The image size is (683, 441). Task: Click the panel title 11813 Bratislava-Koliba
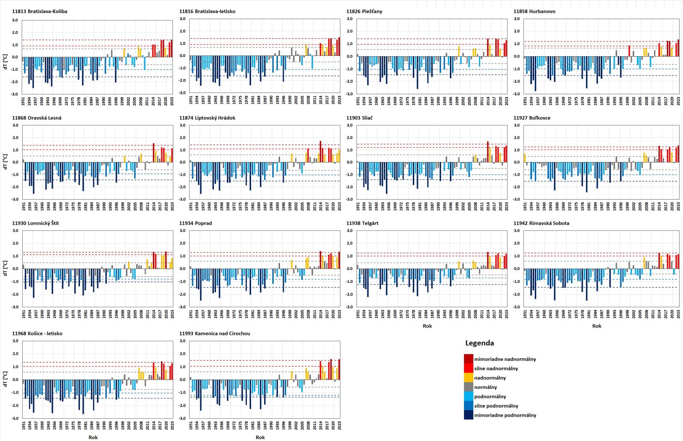pyautogui.click(x=40, y=12)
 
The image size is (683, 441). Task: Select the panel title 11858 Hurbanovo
pyautogui.click(x=534, y=12)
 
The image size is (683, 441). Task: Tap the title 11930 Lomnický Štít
pyautogui.click(x=35, y=223)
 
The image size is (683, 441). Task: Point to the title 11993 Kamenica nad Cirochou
pyautogui.click(x=214, y=334)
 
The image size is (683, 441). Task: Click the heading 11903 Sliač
pyautogui.click(x=359, y=118)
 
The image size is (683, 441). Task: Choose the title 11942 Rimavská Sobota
pyautogui.click(x=541, y=223)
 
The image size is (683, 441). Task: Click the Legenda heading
pyautogui.click(x=479, y=343)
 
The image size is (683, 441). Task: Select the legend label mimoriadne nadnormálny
pyautogui.click(x=505, y=359)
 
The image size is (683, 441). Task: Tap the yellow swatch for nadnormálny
pyautogui.click(x=468, y=378)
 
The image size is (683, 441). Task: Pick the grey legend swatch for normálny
pyautogui.click(x=468, y=387)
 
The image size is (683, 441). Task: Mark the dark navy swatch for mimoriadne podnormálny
pyautogui.click(x=468, y=415)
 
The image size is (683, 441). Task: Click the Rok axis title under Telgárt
pyautogui.click(x=427, y=326)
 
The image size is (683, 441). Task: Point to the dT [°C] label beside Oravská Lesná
pyautogui.click(x=5, y=162)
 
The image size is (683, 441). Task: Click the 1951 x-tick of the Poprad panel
pyautogui.click(x=191, y=314)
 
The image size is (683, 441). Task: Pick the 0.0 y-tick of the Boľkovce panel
pyautogui.click(x=517, y=162)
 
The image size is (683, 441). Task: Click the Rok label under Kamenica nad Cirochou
pyautogui.click(x=260, y=437)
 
